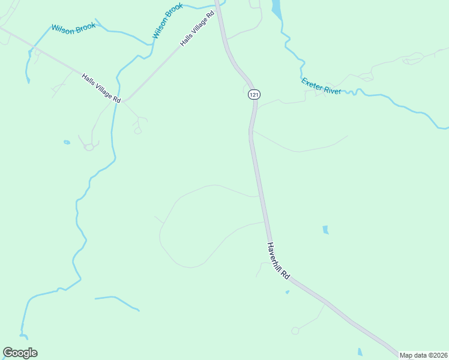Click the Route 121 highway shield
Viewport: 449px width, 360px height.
255,95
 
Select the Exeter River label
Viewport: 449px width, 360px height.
321,86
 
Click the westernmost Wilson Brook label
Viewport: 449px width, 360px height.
73,29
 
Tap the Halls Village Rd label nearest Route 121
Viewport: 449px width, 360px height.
197,28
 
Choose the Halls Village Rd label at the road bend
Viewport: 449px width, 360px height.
101,88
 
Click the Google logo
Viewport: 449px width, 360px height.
20,353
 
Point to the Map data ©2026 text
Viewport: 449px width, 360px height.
423,355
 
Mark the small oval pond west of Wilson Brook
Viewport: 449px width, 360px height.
67,142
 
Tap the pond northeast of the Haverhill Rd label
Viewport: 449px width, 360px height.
325,229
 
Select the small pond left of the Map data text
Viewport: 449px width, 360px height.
360,352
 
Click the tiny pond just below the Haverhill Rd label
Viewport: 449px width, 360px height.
288,292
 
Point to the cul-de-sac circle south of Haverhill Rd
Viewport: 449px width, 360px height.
295,331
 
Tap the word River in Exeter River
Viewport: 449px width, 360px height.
332,89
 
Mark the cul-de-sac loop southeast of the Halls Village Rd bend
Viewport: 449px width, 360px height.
137,130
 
